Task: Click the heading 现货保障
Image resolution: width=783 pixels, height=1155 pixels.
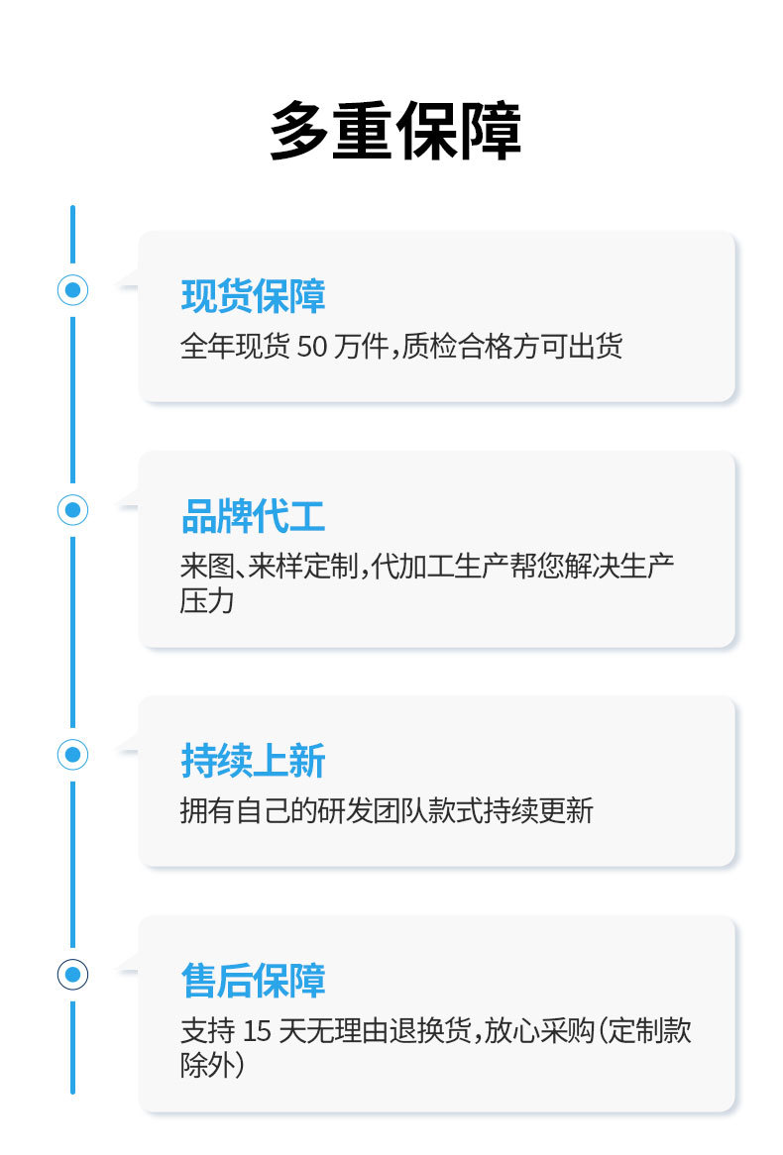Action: [x=253, y=296]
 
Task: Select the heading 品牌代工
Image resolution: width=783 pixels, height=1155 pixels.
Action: [x=253, y=516]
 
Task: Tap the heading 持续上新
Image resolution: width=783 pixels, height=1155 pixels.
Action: [x=253, y=761]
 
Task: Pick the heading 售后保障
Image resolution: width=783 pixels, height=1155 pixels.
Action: [x=253, y=981]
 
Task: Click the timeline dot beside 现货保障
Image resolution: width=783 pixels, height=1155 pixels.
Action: [x=72, y=290]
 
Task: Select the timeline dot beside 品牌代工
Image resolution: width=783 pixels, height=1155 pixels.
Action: [x=72, y=510]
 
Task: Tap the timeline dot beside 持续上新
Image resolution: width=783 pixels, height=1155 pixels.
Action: [x=72, y=755]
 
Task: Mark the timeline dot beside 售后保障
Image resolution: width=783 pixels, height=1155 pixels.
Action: [x=72, y=975]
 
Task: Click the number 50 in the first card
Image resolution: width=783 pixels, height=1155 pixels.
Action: [x=311, y=348]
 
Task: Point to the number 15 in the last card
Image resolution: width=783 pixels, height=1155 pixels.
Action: [x=257, y=1031]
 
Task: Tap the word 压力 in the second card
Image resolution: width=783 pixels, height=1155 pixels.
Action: [x=207, y=600]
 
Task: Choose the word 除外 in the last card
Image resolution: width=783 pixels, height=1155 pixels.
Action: [x=207, y=1065]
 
